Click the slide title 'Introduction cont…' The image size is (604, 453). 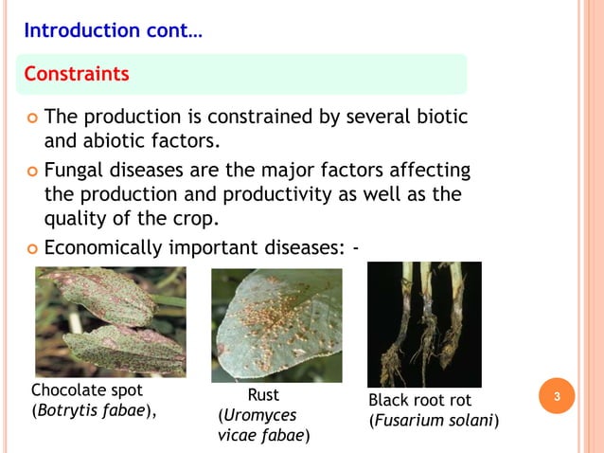click(112, 30)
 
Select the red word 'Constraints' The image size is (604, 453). click(76, 74)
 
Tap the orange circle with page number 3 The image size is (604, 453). click(557, 397)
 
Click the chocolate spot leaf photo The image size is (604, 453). click(110, 321)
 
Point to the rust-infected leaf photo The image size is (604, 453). click(275, 325)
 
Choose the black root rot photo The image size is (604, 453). click(424, 324)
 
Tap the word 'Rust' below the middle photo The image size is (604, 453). click(262, 395)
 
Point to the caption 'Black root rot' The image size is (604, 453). click(419, 400)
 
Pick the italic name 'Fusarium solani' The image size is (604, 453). click(434, 420)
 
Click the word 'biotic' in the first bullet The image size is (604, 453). click(444, 118)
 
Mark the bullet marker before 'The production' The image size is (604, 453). click(31, 118)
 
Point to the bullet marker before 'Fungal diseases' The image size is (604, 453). click(31, 171)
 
